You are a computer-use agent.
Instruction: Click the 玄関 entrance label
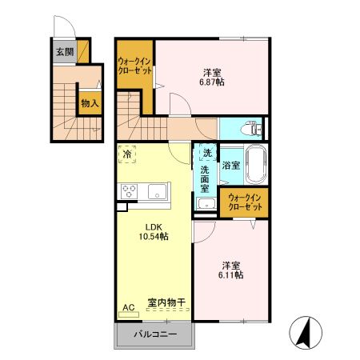(x=63, y=53)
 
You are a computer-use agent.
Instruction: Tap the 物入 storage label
(x=89, y=103)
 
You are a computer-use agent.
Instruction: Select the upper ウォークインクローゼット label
(x=135, y=66)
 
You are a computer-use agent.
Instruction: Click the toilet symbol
(x=250, y=128)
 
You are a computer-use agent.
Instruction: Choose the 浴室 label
(x=231, y=166)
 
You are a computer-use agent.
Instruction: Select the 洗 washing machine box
(x=206, y=152)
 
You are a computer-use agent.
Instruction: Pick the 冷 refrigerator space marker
(x=127, y=154)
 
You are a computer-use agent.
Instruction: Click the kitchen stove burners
(x=130, y=191)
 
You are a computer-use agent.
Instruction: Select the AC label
(x=128, y=306)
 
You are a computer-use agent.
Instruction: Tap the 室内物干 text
(x=166, y=303)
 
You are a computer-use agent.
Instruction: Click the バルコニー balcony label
(x=155, y=334)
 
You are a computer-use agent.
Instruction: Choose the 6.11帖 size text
(x=231, y=274)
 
